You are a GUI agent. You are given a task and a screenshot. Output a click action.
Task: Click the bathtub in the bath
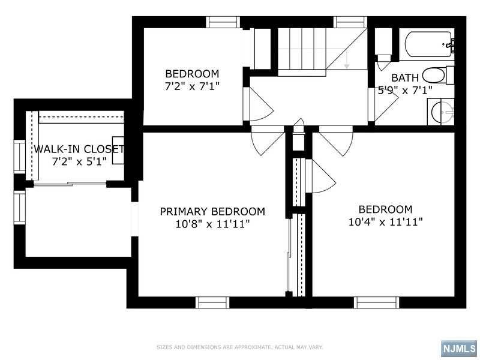[x=428, y=44]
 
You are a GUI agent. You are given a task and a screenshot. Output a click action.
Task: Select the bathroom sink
[x=442, y=112]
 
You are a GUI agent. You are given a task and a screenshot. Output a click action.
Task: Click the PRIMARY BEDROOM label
[x=212, y=212]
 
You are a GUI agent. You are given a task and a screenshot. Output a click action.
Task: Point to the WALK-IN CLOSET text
[x=79, y=149]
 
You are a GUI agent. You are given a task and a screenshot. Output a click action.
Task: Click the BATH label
[x=405, y=78]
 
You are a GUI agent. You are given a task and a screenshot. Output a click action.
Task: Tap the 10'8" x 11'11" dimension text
[x=212, y=224]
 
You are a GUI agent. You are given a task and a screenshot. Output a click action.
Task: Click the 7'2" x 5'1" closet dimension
[x=79, y=161]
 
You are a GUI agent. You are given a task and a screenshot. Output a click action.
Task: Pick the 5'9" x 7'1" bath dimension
[x=405, y=90]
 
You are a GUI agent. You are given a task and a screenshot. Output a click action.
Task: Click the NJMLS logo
[x=458, y=349]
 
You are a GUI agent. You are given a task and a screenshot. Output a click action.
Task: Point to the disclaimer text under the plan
[x=240, y=347]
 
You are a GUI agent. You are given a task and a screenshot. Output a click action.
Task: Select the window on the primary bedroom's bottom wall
[x=214, y=302]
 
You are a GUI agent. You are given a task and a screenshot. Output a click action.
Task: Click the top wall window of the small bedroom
[x=223, y=22]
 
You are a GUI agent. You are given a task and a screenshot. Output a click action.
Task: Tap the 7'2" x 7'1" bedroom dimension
[x=192, y=86]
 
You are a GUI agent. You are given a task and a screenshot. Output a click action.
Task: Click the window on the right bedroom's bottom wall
[x=376, y=302]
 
